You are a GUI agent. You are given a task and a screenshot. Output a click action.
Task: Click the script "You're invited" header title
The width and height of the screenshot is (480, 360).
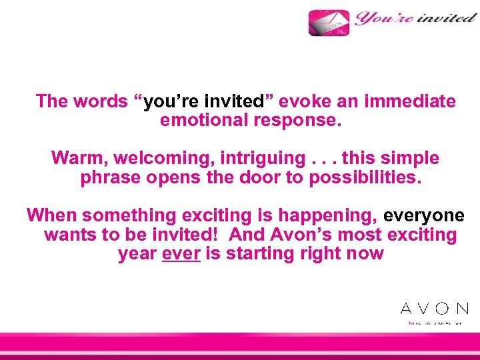[415, 18]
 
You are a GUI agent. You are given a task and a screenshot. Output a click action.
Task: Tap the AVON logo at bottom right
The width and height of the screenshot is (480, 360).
[434, 308]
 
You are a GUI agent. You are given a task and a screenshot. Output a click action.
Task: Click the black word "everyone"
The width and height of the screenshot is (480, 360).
[424, 215]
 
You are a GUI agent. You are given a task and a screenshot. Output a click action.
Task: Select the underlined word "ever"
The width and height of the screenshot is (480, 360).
[181, 254]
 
